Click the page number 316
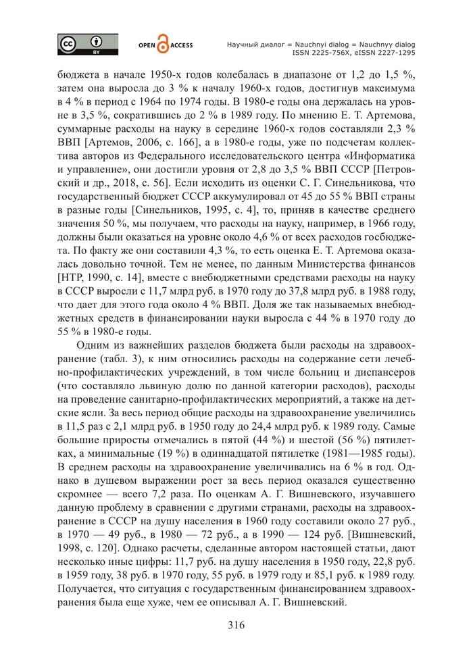[236, 624]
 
